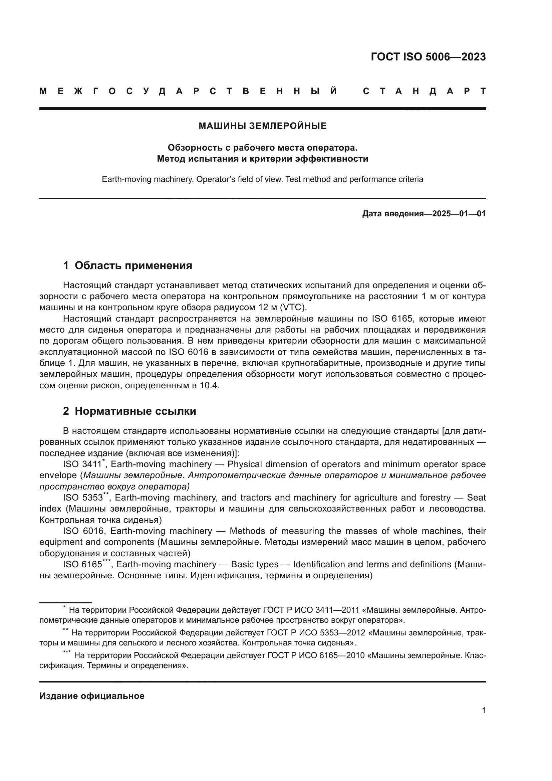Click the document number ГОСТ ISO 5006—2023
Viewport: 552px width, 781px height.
click(428, 57)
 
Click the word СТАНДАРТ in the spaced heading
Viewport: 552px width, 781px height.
click(424, 91)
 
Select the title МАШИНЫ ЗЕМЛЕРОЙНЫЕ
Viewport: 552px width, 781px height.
click(262, 126)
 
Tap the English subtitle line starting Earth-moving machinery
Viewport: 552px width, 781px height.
click(262, 179)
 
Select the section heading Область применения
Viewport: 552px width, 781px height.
click(133, 265)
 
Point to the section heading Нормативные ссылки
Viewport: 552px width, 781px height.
click(135, 411)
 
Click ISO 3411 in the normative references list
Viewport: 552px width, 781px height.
click(82, 464)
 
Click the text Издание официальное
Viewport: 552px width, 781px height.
click(92, 696)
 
